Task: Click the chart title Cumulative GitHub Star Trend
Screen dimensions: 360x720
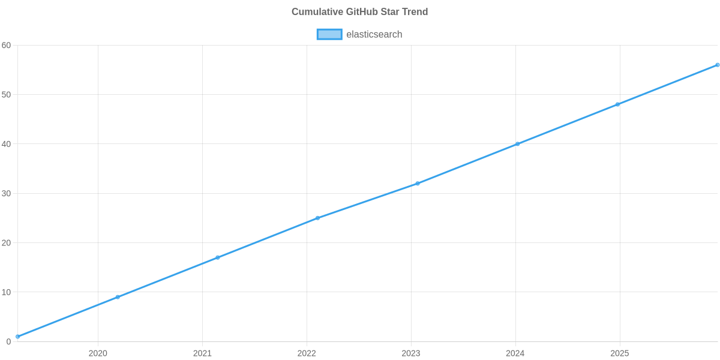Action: point(359,12)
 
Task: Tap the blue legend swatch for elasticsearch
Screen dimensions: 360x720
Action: point(329,34)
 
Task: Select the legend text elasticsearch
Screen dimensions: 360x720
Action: point(374,34)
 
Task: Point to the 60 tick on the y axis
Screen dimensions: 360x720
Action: point(7,46)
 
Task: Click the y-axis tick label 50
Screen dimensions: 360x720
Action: point(7,95)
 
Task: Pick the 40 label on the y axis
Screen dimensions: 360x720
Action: point(7,144)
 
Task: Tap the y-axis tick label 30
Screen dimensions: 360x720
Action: point(7,194)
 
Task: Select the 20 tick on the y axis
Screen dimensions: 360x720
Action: point(7,243)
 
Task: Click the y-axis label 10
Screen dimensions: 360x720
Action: point(7,292)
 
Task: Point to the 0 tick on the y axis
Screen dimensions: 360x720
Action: point(8,342)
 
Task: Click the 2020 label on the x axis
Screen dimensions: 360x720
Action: point(98,353)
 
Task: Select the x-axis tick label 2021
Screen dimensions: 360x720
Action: point(202,353)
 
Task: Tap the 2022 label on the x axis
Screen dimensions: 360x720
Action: point(307,353)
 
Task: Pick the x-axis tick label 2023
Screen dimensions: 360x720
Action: point(411,353)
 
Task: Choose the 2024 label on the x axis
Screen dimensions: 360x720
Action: point(515,353)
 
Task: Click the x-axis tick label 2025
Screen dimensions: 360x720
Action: point(620,353)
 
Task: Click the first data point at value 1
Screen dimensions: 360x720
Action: point(17,337)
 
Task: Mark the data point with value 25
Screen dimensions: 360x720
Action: point(317,218)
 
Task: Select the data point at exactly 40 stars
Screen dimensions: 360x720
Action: point(517,144)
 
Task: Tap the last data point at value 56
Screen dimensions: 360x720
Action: point(717,65)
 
